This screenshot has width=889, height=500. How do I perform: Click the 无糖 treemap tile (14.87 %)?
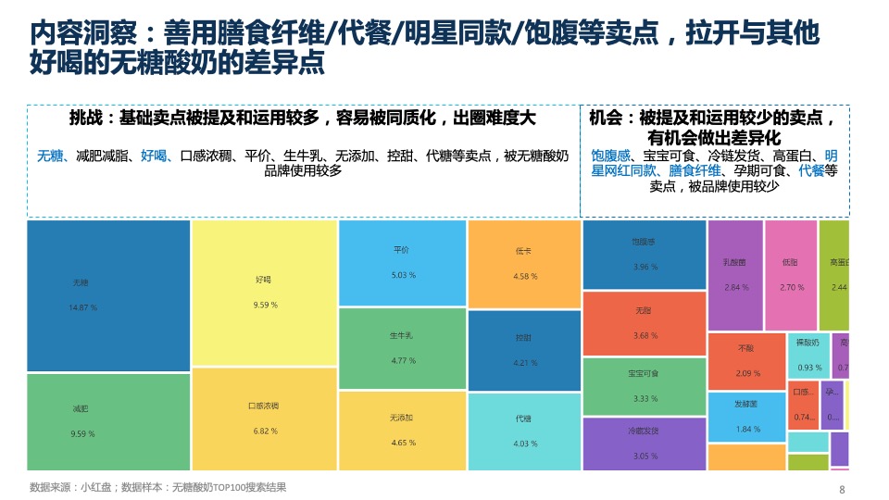pos(108,295)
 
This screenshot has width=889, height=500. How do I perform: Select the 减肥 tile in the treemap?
pos(108,421)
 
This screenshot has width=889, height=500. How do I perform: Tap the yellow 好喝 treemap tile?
pos(263,293)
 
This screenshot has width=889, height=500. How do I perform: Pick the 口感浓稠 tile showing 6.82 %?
pos(263,419)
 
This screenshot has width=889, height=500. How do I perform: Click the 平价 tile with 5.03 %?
pos(402,263)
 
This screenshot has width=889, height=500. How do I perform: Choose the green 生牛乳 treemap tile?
pos(402,348)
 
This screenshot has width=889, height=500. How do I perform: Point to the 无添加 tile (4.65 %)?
pos(402,431)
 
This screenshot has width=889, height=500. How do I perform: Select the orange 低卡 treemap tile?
pos(524,264)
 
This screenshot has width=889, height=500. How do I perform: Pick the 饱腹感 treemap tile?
pos(645,255)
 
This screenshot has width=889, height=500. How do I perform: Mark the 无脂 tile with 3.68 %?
pos(645,323)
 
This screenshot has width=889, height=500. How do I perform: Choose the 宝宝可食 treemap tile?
pos(645,386)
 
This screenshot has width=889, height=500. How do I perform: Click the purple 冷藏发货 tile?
pos(645,444)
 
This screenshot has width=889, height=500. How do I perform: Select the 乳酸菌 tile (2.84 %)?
pos(735,275)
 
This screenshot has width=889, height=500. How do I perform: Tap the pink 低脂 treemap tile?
pos(791,275)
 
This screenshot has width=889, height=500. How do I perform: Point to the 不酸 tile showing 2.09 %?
pos(746,361)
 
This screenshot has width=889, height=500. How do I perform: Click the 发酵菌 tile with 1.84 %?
pos(746,417)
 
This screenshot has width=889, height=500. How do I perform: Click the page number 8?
pos(841,490)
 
